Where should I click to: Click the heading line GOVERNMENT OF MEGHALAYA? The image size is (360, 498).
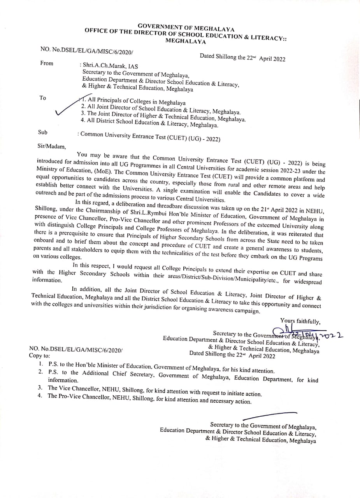point(186,27)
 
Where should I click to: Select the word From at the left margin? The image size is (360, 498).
point(47,63)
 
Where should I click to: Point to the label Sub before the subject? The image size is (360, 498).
point(43,132)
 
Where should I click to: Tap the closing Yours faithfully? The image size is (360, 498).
point(300,321)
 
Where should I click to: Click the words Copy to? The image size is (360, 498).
point(39,356)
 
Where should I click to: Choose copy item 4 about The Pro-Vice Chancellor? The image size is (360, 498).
point(149,398)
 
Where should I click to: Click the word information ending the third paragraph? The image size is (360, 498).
point(47,280)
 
